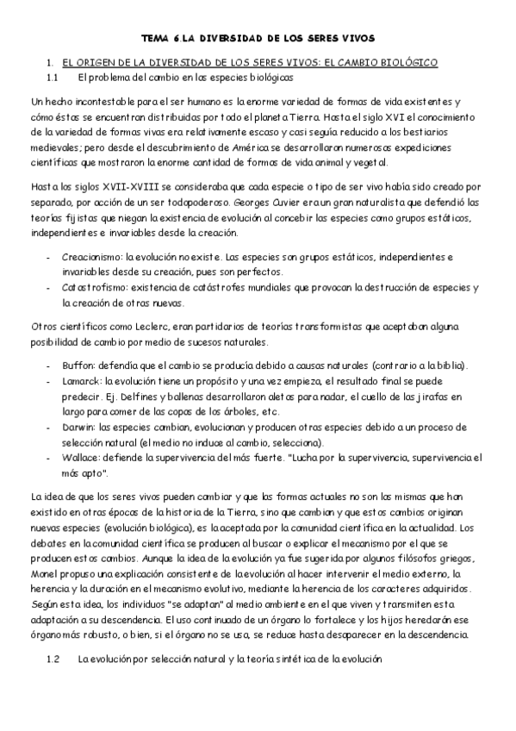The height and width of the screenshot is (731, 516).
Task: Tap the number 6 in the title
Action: tap(177, 39)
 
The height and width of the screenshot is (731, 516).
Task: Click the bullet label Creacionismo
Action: tap(92, 257)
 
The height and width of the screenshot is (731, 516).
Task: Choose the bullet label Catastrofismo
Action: tap(92, 286)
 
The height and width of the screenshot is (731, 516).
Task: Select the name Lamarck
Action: tap(82, 382)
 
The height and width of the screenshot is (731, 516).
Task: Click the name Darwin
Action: tap(78, 427)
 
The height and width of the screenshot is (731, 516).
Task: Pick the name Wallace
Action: tap(81, 457)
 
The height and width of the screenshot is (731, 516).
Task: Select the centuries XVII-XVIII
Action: tap(107, 187)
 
